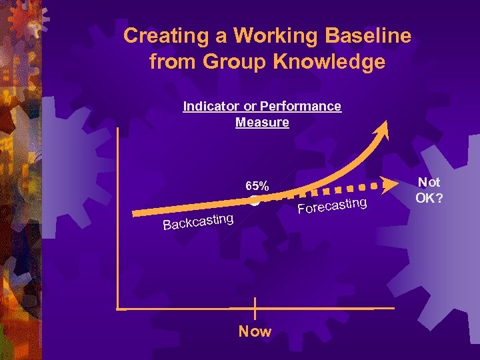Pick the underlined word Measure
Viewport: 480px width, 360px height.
click(262, 123)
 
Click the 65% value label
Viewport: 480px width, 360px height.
click(257, 185)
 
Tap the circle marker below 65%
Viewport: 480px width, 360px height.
click(255, 200)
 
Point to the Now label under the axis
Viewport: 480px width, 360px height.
click(255, 331)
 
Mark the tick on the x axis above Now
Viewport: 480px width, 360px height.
click(255, 309)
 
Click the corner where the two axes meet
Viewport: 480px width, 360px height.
click(118, 309)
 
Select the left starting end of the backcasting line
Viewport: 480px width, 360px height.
click(135, 213)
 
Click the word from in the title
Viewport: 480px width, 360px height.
click(172, 62)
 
